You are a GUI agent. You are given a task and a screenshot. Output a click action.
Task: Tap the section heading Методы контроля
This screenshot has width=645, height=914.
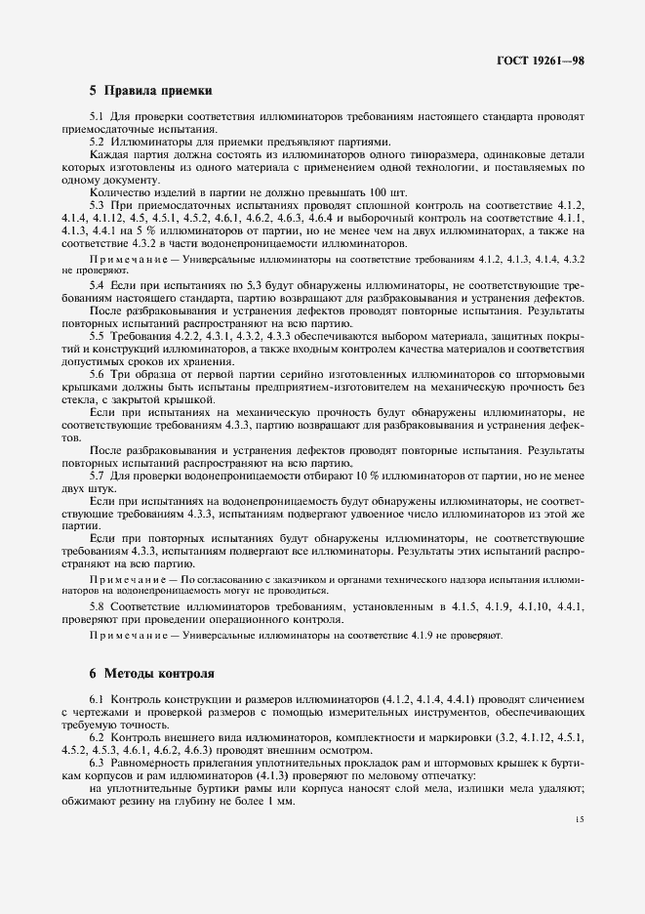tap(153, 674)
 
